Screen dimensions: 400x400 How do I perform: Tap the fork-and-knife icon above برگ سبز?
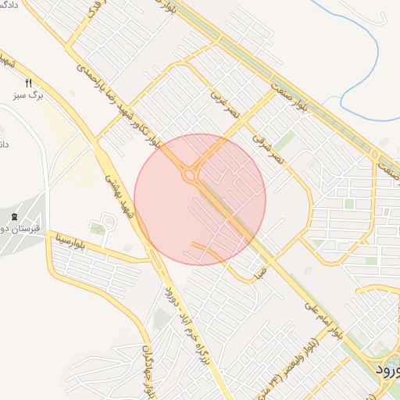(x=28, y=83)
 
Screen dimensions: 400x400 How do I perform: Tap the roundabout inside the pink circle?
(x=190, y=175)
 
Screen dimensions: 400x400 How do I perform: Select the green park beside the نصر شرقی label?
(x=284, y=141)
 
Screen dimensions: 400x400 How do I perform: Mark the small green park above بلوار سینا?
(x=97, y=228)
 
